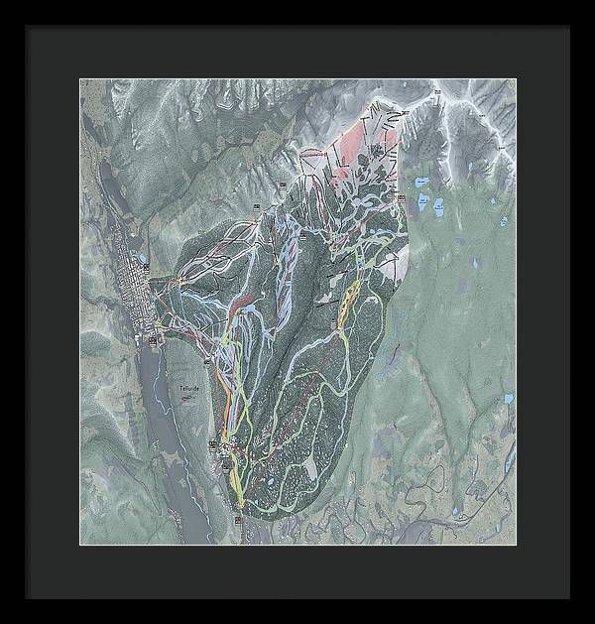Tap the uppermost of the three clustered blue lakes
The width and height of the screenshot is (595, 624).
pyautogui.click(x=422, y=183)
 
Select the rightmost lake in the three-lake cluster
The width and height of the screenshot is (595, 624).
pyautogui.click(x=438, y=205)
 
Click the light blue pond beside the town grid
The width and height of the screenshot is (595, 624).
pyautogui.click(x=145, y=267)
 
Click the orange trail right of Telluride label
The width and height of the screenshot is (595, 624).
pyautogui.click(x=230, y=407)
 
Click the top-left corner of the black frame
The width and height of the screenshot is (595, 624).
pyautogui.click(x=26, y=26)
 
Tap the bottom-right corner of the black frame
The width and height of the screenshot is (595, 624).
pyautogui.click(x=569, y=598)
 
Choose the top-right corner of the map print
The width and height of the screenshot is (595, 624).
pyautogui.click(x=516, y=79)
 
